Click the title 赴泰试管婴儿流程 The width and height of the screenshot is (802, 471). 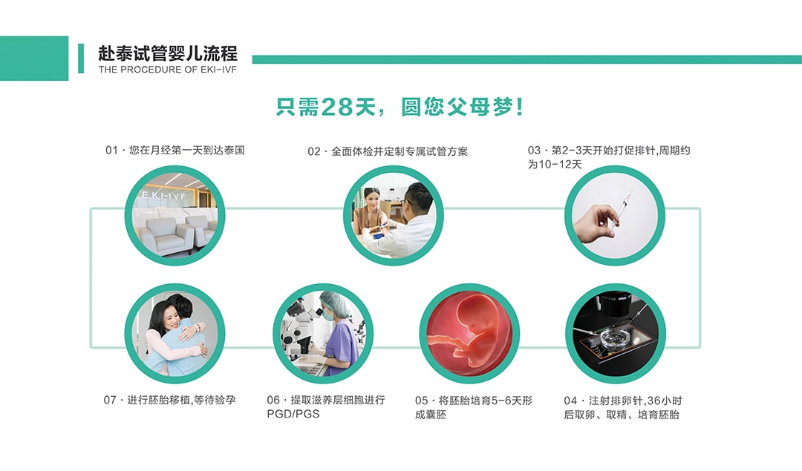(x=168, y=53)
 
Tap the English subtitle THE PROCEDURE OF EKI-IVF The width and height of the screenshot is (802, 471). (x=168, y=70)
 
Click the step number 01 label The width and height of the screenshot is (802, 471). (x=111, y=150)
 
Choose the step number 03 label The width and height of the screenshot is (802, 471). (x=534, y=150)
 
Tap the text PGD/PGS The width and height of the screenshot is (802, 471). (x=293, y=414)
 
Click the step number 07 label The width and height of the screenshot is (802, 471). (x=110, y=400)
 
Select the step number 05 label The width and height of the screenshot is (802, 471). (x=422, y=401)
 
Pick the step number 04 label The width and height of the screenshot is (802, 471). (x=570, y=401)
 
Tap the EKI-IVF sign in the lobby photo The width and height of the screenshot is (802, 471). (x=163, y=195)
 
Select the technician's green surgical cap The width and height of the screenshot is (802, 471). (x=334, y=303)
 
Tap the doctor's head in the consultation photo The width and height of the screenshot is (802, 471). (x=415, y=194)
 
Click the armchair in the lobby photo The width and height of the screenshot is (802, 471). (x=163, y=235)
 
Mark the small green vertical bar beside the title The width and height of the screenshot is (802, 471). (x=81, y=59)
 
